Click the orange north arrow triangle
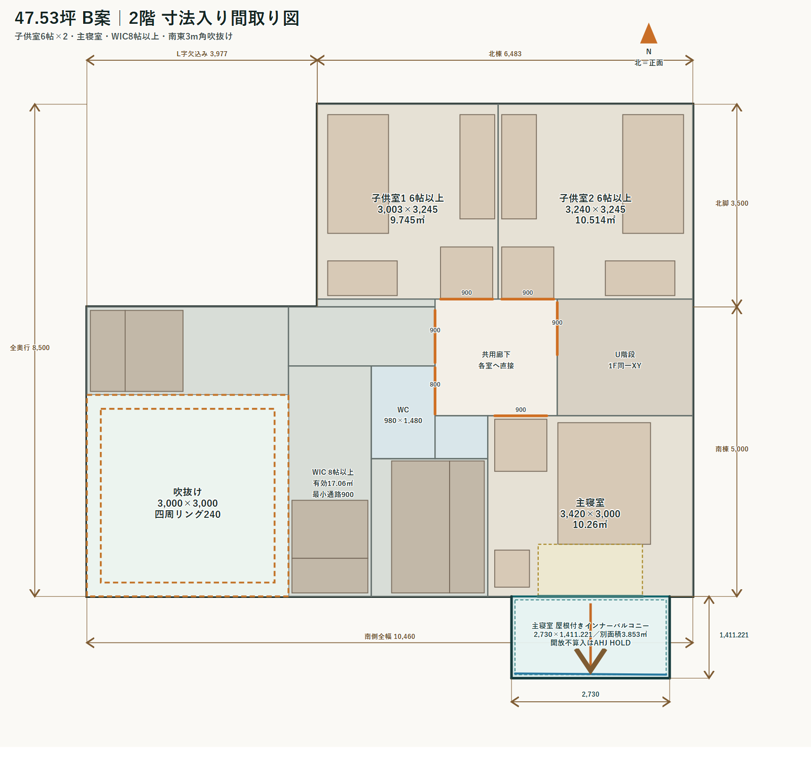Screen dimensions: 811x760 [x=648, y=34]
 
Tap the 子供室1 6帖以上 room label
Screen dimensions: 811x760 [x=408, y=198]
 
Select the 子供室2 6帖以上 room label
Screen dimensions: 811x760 [x=595, y=198]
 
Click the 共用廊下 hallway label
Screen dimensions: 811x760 [x=496, y=355]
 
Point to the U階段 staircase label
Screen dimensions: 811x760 [x=625, y=355]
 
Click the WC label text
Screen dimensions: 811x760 [x=403, y=410]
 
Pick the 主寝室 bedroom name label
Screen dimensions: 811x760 [x=590, y=503]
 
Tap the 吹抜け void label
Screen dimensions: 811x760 [x=188, y=492]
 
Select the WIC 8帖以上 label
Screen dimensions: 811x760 [x=333, y=472]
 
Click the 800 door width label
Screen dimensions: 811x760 [x=435, y=385]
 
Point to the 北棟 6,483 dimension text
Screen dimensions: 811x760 [x=505, y=54]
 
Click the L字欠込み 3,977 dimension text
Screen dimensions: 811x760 [x=202, y=54]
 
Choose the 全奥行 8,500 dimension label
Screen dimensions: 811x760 [x=30, y=348]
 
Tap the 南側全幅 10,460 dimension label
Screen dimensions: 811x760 [x=390, y=636]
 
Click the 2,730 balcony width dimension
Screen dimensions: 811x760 [x=591, y=694]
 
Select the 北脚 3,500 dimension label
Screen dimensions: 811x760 [x=732, y=203]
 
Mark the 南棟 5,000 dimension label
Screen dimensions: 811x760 [x=732, y=449]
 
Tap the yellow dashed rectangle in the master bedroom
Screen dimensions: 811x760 [x=590, y=545]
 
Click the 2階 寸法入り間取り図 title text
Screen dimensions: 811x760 [x=214, y=18]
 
